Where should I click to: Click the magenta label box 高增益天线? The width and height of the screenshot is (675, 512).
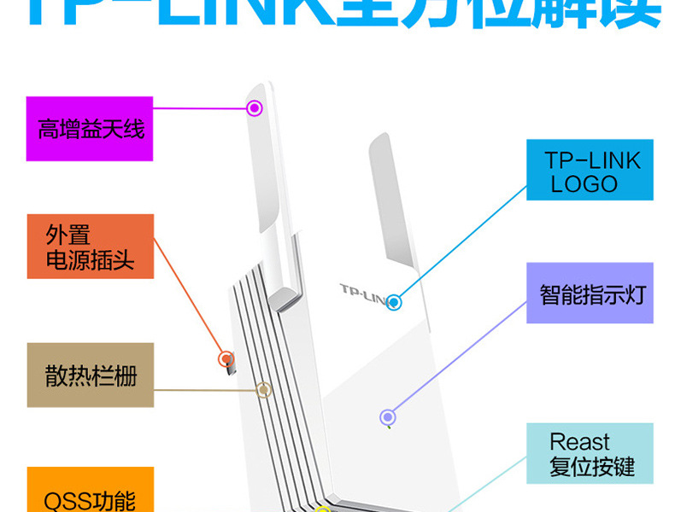(90, 129)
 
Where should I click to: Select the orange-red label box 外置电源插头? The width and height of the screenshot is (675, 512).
(90, 247)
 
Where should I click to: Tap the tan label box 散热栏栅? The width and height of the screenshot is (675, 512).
(90, 375)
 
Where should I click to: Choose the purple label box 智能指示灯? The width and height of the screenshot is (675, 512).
(590, 294)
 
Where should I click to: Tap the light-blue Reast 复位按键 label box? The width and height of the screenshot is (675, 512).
(590, 455)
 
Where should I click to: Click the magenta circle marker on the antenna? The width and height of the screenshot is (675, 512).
(254, 108)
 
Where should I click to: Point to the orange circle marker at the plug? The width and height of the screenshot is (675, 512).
(226, 358)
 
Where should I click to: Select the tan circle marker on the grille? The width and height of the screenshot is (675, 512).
(264, 390)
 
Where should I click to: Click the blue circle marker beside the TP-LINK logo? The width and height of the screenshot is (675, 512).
(393, 301)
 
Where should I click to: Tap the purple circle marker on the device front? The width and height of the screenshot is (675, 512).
(387, 417)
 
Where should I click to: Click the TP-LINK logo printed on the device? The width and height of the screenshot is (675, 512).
(363, 293)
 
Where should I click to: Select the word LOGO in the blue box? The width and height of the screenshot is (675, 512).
(584, 183)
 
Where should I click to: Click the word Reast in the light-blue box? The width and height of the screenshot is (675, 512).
(579, 442)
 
